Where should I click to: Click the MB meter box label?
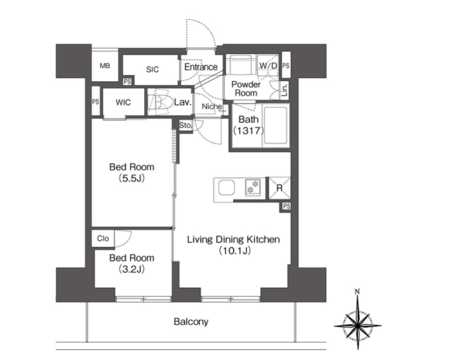point(105,66)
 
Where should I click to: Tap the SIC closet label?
point(153,69)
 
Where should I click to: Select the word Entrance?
point(201,67)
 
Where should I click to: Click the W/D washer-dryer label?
point(268,66)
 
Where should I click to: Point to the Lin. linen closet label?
point(285,90)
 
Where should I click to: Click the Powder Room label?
point(246,89)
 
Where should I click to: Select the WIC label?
point(123,102)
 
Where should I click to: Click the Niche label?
point(212,107)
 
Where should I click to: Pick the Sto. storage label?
point(185,125)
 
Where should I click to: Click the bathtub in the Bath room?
point(276,125)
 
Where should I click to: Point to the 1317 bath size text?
point(249,131)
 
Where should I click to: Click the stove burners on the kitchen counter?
point(253,186)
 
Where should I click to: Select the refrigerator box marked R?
point(279,188)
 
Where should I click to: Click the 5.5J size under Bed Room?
point(132,179)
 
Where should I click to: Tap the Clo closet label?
point(103,238)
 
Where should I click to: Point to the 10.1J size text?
point(234,251)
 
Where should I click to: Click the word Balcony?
point(191,322)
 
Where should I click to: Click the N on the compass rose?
point(357,292)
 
